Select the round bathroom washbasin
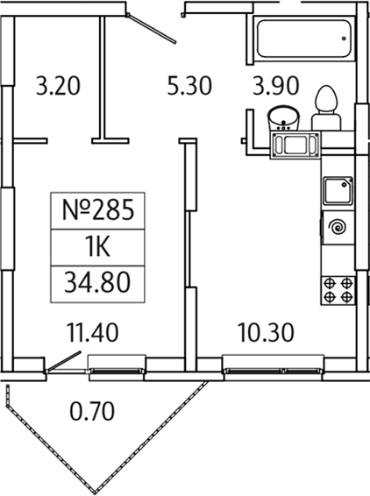pyautogui.click(x=282, y=116)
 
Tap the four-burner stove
pyautogui.click(x=338, y=288)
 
